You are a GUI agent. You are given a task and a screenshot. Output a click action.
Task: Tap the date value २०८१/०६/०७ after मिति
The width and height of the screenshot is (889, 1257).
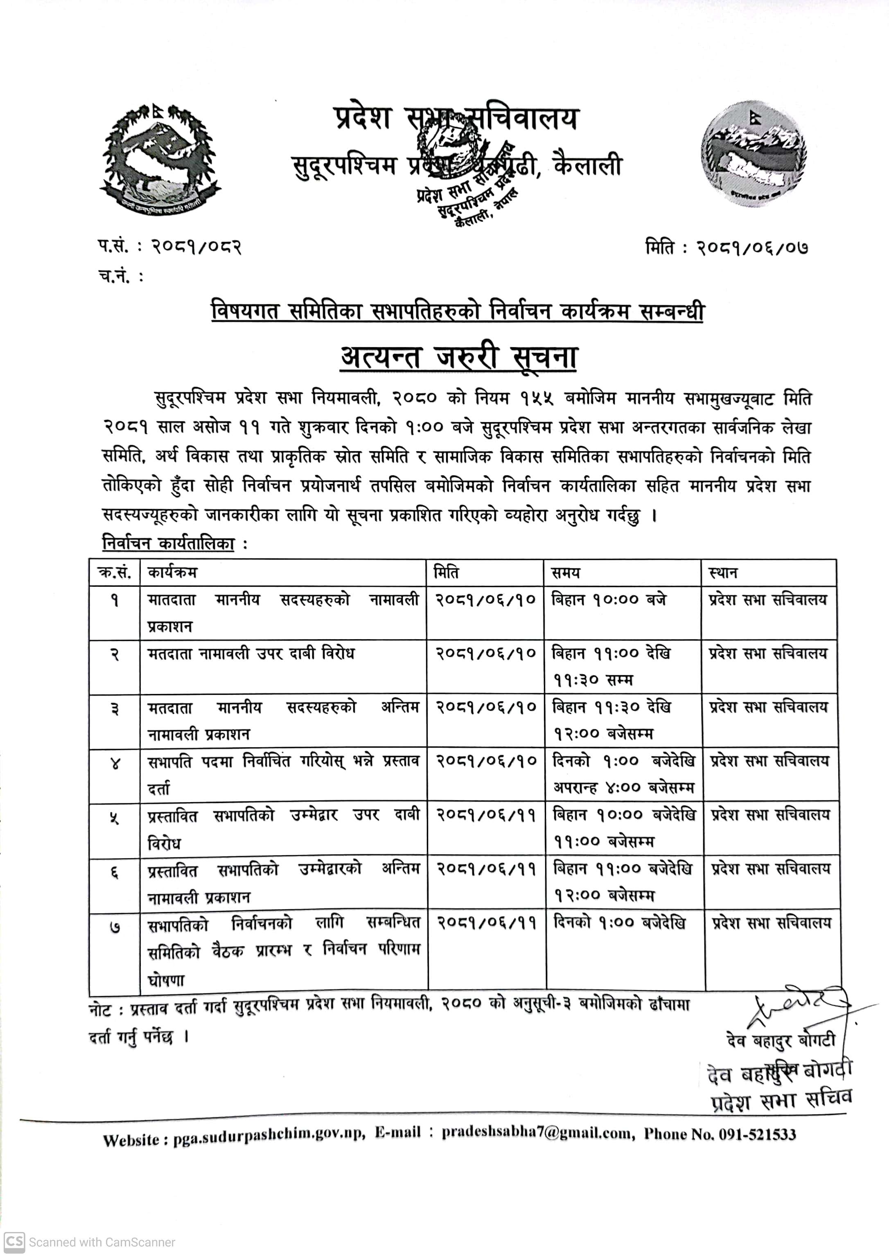coord(752,249)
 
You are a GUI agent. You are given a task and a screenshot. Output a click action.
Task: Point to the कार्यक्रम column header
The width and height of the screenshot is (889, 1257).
coord(172,573)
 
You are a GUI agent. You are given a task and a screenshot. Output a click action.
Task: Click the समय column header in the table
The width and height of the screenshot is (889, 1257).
coord(566,573)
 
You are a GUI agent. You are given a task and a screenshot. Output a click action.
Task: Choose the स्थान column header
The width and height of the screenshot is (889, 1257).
coord(722,573)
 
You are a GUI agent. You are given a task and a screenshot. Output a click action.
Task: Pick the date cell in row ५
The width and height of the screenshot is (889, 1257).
coord(485,815)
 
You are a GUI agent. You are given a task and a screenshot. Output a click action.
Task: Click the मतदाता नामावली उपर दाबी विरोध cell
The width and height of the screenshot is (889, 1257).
coord(251,654)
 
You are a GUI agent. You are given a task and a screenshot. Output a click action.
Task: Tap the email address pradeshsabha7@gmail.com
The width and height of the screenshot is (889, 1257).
coord(536,1133)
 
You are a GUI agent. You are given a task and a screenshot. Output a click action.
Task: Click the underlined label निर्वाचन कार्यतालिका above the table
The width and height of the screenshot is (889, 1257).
coord(169,544)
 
